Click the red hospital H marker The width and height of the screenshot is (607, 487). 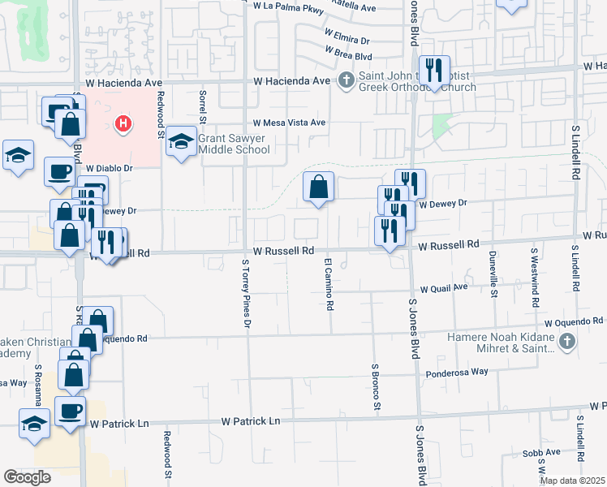tap(123, 123)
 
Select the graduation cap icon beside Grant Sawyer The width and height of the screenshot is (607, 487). tap(182, 144)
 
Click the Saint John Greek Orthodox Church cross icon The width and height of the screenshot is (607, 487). tap(347, 80)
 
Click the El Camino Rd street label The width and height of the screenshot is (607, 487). tap(329, 285)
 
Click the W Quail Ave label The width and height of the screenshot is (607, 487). tap(444, 287)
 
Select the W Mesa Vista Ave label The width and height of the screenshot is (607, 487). tap(289, 123)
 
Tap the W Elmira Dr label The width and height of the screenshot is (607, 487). tap(347, 37)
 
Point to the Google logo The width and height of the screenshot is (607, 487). tap(27, 477)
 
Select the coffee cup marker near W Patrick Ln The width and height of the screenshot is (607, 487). tap(70, 410)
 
